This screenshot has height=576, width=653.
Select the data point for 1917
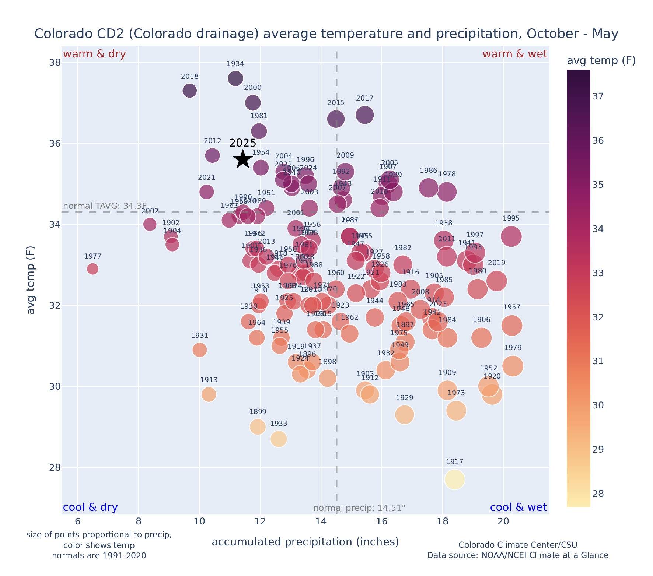click(x=454, y=480)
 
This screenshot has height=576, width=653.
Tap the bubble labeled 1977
click(x=93, y=269)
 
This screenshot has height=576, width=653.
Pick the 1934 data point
click(x=235, y=78)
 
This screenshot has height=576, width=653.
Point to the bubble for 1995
click(x=511, y=236)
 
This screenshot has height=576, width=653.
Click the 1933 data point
click(x=279, y=439)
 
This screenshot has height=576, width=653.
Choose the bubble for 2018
click(x=190, y=91)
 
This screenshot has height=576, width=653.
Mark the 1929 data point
click(x=404, y=415)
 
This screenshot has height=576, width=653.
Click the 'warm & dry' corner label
click(x=94, y=54)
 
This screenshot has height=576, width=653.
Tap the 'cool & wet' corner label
click(x=518, y=507)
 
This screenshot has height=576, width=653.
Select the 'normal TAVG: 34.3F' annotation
click(x=105, y=206)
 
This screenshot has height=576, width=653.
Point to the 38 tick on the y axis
click(x=55, y=62)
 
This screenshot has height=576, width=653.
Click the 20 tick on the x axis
click(x=503, y=521)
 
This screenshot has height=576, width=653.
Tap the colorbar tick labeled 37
click(x=598, y=96)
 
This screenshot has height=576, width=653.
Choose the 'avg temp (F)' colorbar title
click(x=601, y=61)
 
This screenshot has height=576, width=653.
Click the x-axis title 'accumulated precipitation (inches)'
click(x=305, y=542)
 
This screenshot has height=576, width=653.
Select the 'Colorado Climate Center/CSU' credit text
click(x=518, y=545)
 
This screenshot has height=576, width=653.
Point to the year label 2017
click(x=364, y=98)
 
